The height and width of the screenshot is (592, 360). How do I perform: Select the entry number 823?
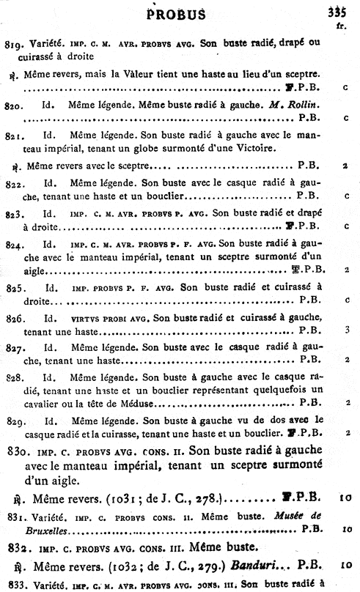pos(15,214)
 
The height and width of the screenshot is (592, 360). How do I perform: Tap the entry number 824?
pos(15,243)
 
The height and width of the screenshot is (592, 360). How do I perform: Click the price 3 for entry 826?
pos(345,330)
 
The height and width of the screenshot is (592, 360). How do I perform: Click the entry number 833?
pos(14,585)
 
